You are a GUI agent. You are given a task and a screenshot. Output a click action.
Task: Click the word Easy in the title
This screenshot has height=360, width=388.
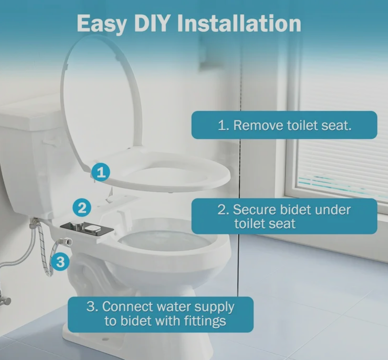click(x=101, y=24)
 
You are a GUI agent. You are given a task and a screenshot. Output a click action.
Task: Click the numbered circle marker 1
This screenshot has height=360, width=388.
click(x=100, y=172)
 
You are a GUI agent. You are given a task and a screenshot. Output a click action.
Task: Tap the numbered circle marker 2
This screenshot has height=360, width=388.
click(x=82, y=208)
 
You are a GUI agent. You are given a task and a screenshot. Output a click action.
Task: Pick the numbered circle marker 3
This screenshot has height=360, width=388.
click(x=61, y=261)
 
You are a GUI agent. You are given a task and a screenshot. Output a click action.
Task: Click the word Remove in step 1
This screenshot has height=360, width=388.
click(x=258, y=125)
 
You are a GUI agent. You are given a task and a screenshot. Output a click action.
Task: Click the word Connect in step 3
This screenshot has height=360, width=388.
click(x=128, y=307)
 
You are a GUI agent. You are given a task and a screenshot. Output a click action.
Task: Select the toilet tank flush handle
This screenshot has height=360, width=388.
click(x=49, y=143)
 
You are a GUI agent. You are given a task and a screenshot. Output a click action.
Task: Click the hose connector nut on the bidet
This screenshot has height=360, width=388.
click(x=67, y=241)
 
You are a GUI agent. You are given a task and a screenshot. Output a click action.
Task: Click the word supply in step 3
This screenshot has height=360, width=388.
click(x=214, y=307)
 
